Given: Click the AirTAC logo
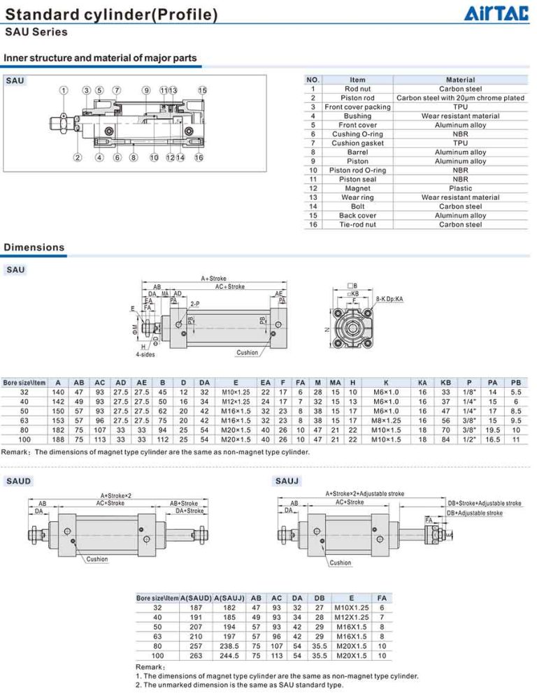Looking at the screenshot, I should (496, 13).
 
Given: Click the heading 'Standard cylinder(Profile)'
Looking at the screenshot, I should (110, 14).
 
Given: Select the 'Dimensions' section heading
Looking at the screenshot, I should (34, 247).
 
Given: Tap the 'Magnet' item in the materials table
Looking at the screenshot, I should (357, 188).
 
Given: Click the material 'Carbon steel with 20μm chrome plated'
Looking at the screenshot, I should (460, 98).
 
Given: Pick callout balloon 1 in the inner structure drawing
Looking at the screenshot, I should (63, 90).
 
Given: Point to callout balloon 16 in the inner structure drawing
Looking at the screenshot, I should (199, 158).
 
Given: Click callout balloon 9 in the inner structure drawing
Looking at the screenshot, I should (145, 90).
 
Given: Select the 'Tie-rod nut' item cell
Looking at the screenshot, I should (357, 224).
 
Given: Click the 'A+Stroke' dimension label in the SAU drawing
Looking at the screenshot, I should (214, 279).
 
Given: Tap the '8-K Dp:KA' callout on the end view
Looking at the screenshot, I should (389, 299).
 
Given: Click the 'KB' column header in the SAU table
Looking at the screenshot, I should (445, 382).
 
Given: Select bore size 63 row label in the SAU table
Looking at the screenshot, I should (24, 421).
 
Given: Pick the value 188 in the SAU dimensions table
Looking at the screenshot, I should (58, 439).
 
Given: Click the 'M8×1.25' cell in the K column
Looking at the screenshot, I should (387, 421).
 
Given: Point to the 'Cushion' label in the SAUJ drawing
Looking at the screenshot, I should (341, 562).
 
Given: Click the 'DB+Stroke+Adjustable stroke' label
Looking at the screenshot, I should (484, 503).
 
